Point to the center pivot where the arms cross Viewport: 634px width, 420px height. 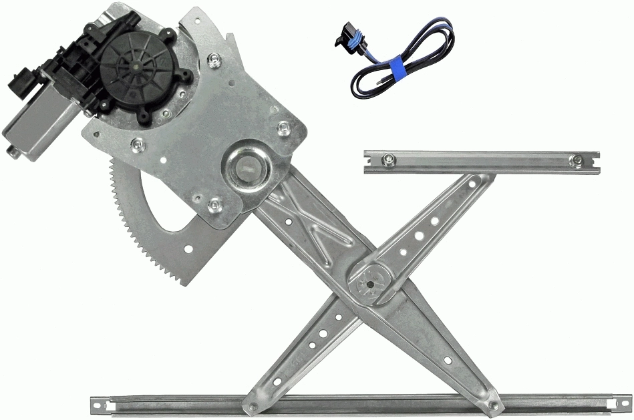tap(370, 283)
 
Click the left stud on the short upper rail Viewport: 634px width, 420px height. tap(388, 159)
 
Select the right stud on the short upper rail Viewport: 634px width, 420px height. tap(575, 160)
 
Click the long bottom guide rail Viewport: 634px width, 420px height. tap(361, 403)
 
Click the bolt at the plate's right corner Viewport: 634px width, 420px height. tap(283, 126)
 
